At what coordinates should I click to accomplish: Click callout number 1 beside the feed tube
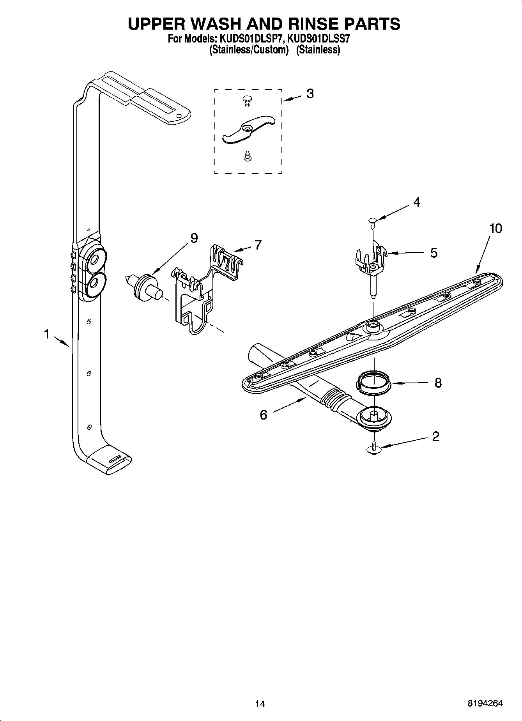[46, 334]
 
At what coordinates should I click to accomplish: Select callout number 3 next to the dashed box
[310, 94]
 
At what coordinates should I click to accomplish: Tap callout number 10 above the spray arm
[495, 228]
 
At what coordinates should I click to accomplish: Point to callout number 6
[264, 415]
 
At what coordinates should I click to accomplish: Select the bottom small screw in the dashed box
[246, 156]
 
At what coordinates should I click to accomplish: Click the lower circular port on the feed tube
[94, 285]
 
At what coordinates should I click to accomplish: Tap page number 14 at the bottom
[260, 704]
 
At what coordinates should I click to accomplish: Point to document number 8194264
[485, 703]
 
